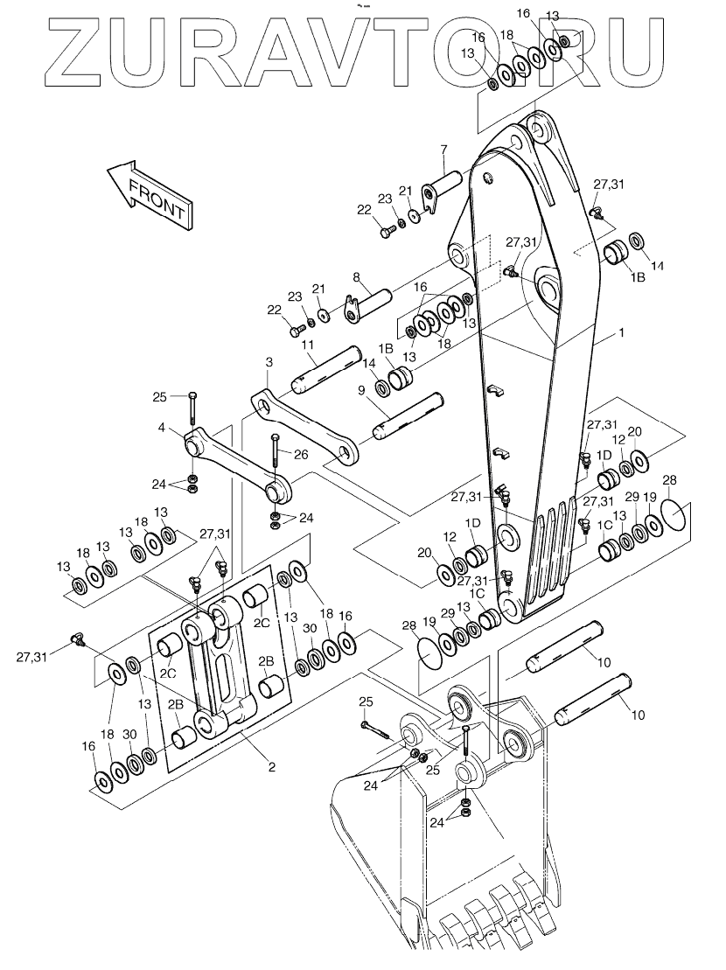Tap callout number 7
pos(443,149)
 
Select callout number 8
pos(356,277)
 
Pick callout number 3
pos(269,361)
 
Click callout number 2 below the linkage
pos(271,767)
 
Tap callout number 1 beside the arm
pos(622,332)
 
